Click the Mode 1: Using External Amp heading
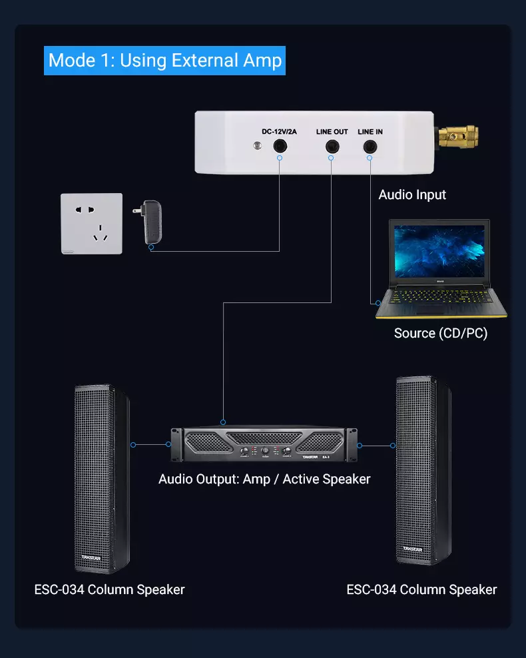(165, 60)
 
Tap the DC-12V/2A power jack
(279, 147)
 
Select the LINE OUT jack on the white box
(330, 147)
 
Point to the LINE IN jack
(370, 147)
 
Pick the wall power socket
(91, 224)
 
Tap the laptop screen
(439, 251)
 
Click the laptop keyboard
(440, 300)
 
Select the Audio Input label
(412, 195)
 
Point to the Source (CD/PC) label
(440, 333)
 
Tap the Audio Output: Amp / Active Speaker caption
(264, 479)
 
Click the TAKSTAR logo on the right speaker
(413, 548)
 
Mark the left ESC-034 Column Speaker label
(109, 589)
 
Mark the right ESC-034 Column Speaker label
(421, 589)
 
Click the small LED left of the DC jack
(256, 146)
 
